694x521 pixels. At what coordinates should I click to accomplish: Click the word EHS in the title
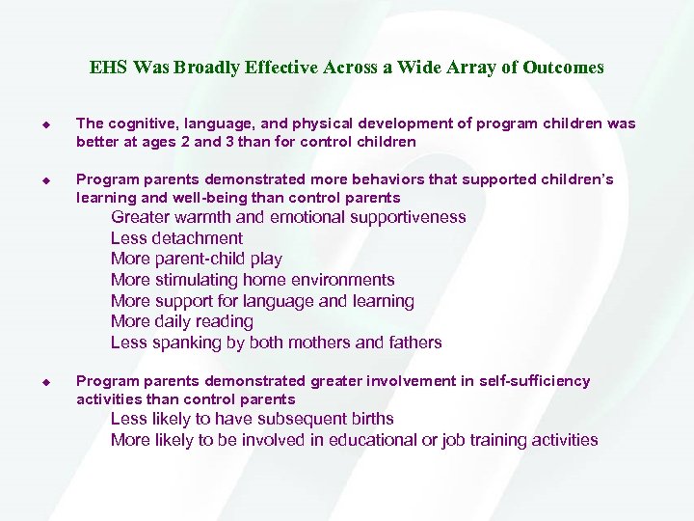point(107,68)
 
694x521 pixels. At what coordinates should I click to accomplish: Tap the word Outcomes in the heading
point(564,68)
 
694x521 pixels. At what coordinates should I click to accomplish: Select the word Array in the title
point(467,68)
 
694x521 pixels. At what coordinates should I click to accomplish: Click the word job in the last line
point(455,440)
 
